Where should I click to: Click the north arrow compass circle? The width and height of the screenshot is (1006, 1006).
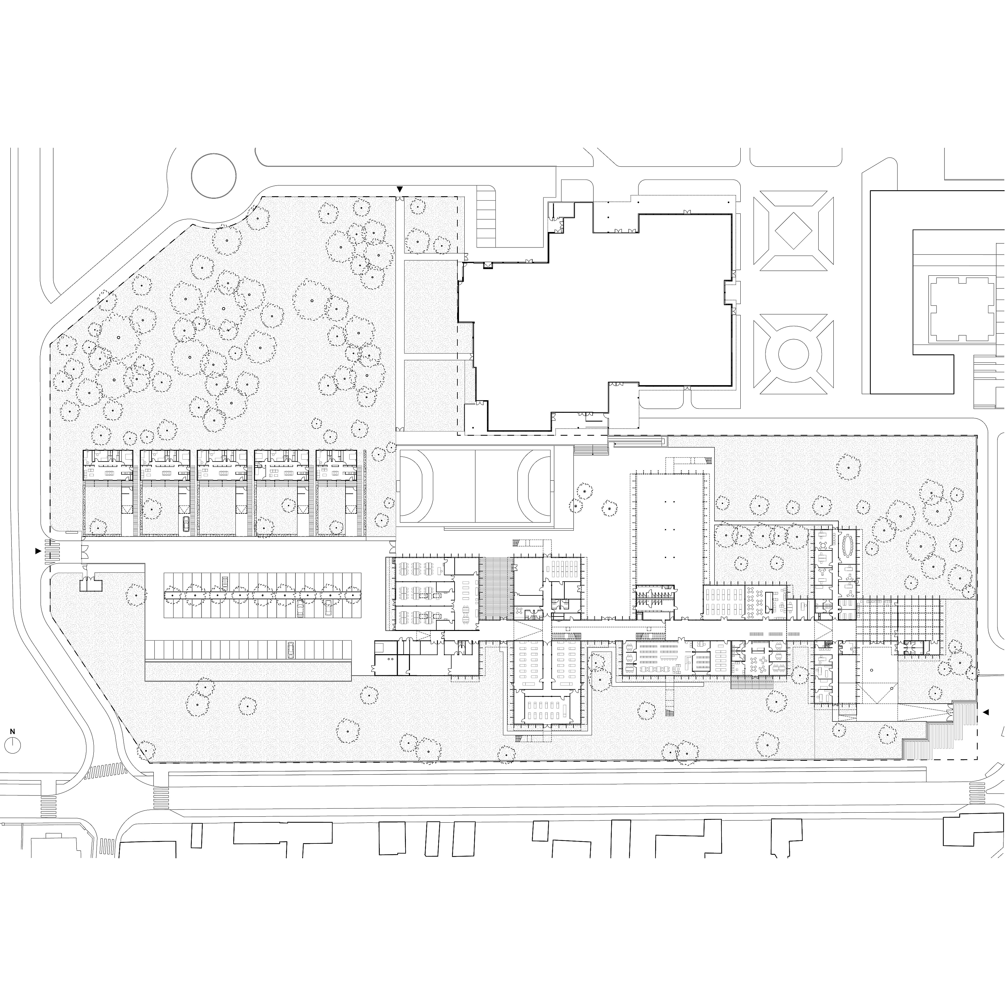pyautogui.click(x=13, y=745)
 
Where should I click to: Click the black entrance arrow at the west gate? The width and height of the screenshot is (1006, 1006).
pyautogui.click(x=37, y=551)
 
